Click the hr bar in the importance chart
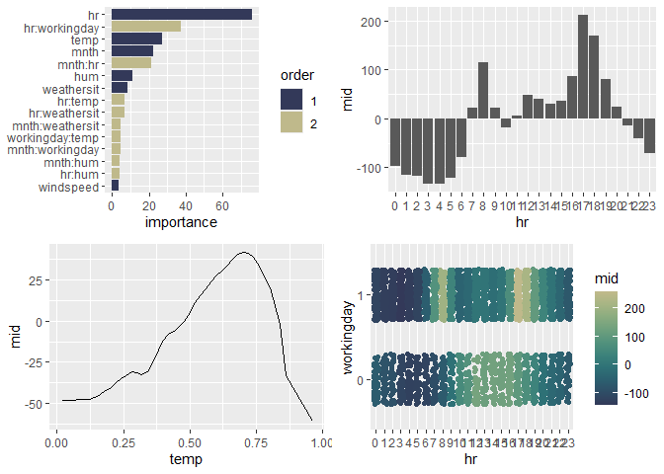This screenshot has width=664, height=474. (x=181, y=14)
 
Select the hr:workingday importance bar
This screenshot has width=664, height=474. (x=145, y=27)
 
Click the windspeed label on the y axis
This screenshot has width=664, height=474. (x=72, y=186)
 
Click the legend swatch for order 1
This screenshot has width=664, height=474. (x=291, y=101)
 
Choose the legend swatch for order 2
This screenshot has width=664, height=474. (x=291, y=121)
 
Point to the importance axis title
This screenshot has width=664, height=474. (x=181, y=222)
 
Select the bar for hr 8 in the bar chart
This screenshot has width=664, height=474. (x=483, y=91)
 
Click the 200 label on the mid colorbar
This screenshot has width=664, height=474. (x=636, y=310)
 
